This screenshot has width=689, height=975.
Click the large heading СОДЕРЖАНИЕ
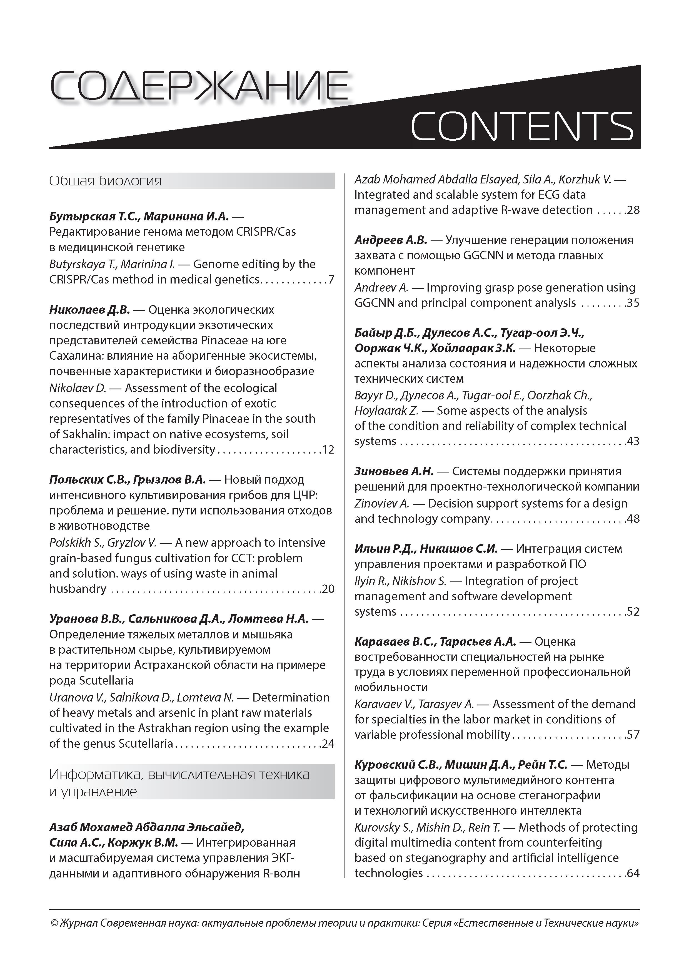(199, 86)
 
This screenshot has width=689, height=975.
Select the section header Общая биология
(106, 181)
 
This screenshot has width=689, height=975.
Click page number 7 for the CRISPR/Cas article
(331, 279)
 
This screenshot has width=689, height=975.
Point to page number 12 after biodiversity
(328, 449)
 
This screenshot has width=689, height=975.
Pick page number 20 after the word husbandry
(328, 589)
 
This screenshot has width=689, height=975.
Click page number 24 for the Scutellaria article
(328, 743)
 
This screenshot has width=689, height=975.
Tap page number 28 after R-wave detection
(633, 210)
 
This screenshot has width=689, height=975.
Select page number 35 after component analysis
(633, 303)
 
